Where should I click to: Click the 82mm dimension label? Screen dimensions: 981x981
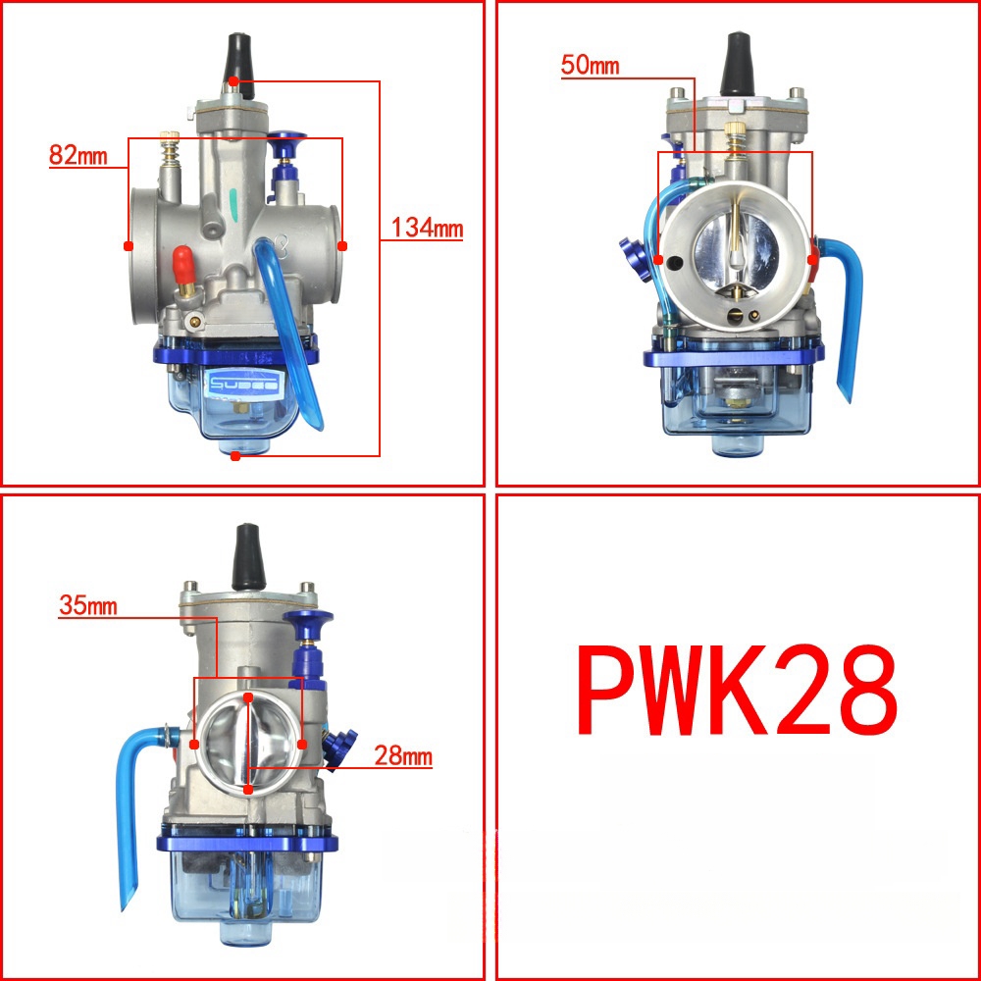[76, 155]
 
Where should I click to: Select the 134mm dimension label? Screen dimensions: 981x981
[426, 229]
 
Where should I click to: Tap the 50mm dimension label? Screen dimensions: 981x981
[590, 66]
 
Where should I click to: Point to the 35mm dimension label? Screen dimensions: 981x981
[87, 605]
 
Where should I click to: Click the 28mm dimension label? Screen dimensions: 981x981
[402, 757]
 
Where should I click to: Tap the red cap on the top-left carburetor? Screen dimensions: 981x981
[181, 262]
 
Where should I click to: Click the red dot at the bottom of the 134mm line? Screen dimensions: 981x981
[234, 455]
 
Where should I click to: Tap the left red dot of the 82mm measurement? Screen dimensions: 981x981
[128, 245]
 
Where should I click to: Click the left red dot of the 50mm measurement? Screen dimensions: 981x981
[659, 261]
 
